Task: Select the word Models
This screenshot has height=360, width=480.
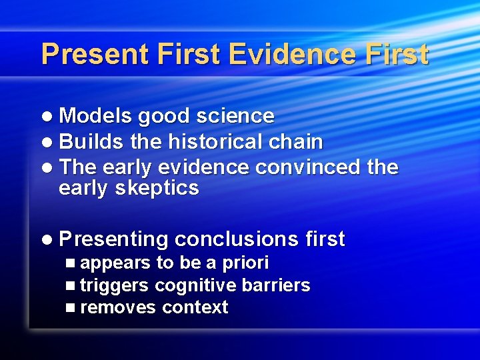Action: tap(95, 116)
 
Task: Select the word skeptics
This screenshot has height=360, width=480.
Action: tap(157, 189)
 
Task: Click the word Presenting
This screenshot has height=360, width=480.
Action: tap(113, 239)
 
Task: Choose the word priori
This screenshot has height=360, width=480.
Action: tap(245, 263)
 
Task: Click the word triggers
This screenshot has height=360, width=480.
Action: tap(115, 285)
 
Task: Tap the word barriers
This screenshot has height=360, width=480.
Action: tap(276, 285)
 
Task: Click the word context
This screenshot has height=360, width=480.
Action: tap(195, 307)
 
